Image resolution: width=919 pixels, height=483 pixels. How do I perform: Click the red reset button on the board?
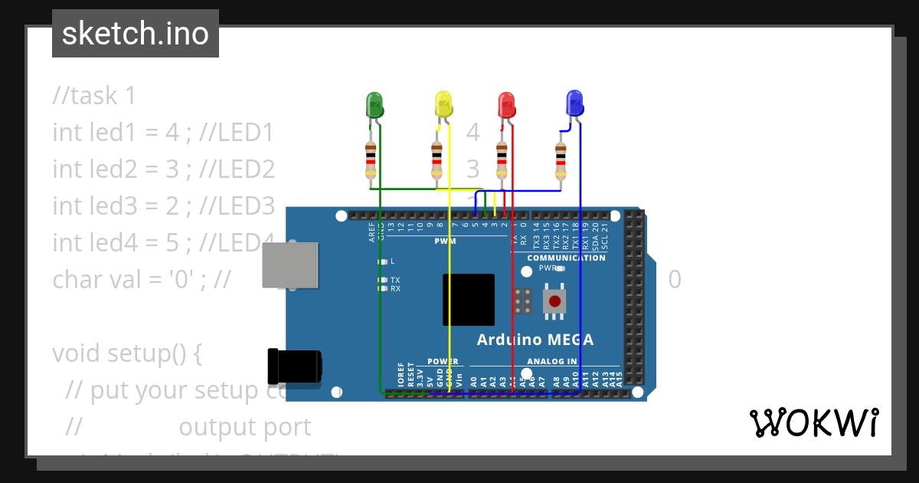pyautogui.click(x=555, y=301)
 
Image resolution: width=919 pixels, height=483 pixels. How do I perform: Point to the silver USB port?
pyautogui.click(x=289, y=265)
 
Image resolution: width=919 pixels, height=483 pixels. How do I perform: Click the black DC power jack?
pyautogui.click(x=294, y=366)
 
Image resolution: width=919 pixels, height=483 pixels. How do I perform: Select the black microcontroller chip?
pyautogui.click(x=469, y=299)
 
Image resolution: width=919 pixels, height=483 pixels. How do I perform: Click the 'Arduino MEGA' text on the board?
pyautogui.click(x=535, y=340)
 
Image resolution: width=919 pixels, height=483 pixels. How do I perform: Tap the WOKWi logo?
pyautogui.click(x=813, y=422)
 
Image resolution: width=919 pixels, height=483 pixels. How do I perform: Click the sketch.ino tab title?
pyautogui.click(x=136, y=34)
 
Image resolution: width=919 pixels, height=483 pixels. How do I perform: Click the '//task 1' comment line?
pyautogui.click(x=94, y=96)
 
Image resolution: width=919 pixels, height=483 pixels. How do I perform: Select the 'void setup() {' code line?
pyautogui.click(x=127, y=353)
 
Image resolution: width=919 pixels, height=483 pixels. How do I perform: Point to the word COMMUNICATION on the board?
pyautogui.click(x=566, y=258)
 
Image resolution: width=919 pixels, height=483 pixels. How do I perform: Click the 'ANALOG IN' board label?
pyautogui.click(x=551, y=361)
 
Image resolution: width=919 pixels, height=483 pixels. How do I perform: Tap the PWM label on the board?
pyautogui.click(x=445, y=241)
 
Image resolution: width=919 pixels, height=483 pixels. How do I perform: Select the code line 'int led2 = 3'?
pyautogui.click(x=163, y=169)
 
